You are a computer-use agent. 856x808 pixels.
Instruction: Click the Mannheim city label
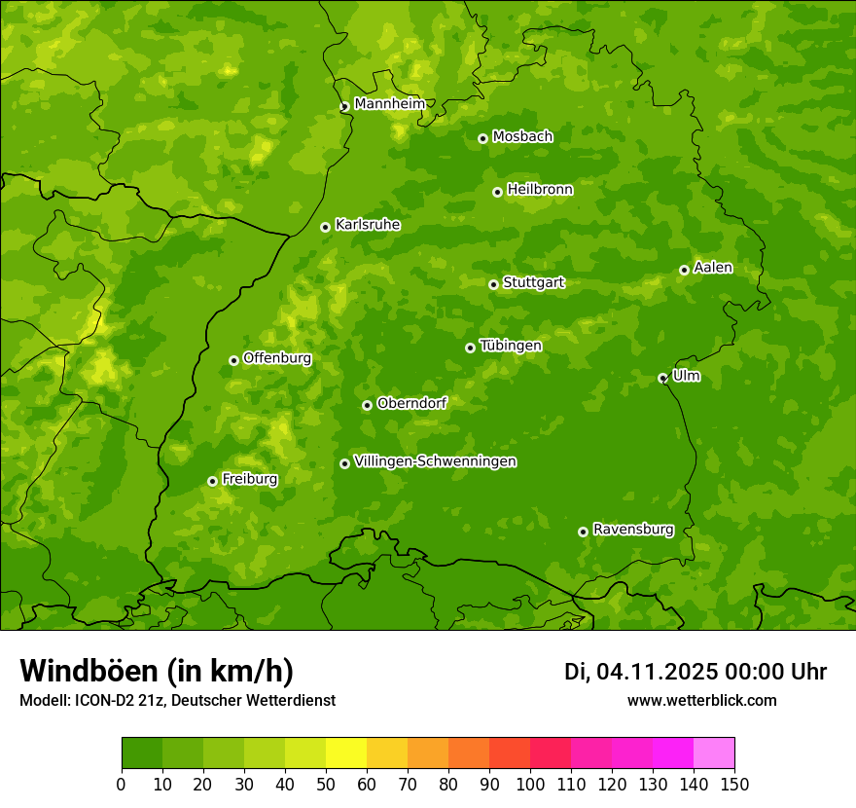point(389,104)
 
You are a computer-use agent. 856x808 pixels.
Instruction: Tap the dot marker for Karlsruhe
point(326,227)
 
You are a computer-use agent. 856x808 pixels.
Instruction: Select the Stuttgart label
point(533,283)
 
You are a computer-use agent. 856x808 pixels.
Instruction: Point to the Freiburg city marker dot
point(212,481)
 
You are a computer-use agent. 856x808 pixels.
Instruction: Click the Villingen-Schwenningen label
point(435,461)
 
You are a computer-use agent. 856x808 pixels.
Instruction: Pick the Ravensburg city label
point(633,530)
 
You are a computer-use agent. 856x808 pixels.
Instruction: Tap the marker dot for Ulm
point(662,378)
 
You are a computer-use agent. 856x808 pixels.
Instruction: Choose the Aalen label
point(713,268)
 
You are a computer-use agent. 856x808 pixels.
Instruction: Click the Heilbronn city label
point(540,190)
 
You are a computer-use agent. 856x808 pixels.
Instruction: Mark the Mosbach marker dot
point(482,138)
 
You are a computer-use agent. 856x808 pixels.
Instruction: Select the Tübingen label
point(511,346)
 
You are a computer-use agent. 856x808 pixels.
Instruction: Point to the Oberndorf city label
point(411,403)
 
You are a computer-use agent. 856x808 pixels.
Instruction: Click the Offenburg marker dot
point(233,360)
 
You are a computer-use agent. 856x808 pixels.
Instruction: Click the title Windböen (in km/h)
point(157,671)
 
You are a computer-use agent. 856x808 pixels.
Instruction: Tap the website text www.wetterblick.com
point(701,700)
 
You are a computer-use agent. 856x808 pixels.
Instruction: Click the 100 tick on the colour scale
point(530,784)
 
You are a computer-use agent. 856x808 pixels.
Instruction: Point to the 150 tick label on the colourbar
point(734,784)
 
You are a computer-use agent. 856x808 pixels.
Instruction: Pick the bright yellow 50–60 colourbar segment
point(346,753)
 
